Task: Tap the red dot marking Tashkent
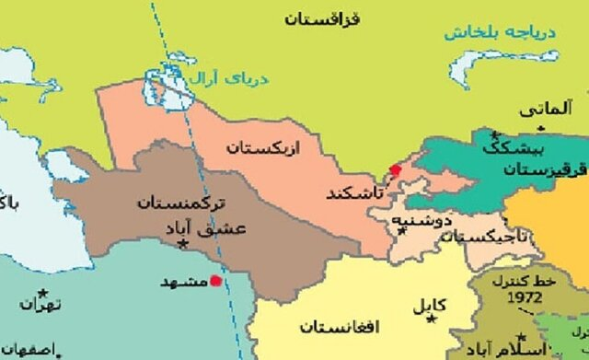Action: click(396, 168)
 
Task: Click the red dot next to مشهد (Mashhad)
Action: click(216, 281)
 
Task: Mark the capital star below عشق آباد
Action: click(183, 243)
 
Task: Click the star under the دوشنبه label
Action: click(401, 231)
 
